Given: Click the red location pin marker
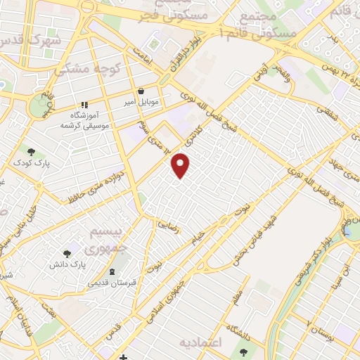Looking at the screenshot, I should click(x=181, y=165).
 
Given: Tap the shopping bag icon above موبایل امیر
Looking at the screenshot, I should click(x=141, y=91).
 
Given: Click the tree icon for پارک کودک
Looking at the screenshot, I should click(x=30, y=150).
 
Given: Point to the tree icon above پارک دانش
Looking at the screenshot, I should click(x=67, y=253).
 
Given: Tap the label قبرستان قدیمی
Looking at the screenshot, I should click(x=112, y=284).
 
